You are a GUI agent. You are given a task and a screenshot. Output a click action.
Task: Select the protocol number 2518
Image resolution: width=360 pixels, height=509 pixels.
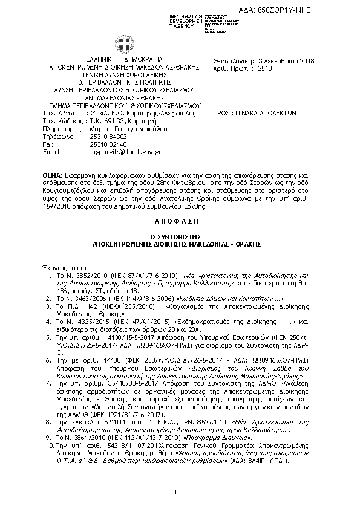265,70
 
